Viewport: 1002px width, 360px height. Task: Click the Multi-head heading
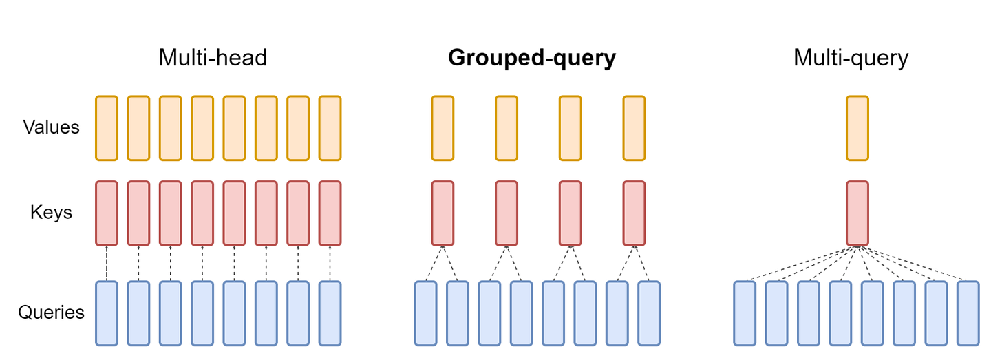pos(213,58)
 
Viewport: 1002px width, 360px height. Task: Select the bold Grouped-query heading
pos(531,59)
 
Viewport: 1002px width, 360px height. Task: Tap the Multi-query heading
pos(851,58)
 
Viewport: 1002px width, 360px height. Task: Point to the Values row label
pos(51,127)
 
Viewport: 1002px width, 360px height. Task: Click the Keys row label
pos(51,212)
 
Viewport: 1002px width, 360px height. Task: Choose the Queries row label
pos(51,313)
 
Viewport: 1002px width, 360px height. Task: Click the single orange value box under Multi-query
pos(857,128)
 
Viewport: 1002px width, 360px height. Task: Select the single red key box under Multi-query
pos(857,213)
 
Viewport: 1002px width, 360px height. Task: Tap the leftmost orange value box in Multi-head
pos(107,128)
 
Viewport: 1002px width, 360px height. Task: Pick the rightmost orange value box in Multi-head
pos(330,128)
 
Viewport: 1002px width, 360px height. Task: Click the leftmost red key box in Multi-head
pos(107,213)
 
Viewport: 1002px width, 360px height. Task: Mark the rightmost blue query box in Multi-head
pos(330,313)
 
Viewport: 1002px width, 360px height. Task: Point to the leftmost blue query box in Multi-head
pos(107,313)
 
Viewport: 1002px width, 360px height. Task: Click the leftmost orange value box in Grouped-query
pos(443,128)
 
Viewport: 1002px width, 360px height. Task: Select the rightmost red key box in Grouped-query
pos(634,213)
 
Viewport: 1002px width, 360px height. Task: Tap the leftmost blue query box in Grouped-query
pos(426,313)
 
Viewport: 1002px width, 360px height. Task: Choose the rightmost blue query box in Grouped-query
pos(649,313)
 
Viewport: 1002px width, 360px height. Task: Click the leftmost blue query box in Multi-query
pos(745,313)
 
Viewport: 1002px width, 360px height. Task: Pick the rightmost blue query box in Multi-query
pos(968,313)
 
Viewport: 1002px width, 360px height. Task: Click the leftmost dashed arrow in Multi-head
pos(107,263)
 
